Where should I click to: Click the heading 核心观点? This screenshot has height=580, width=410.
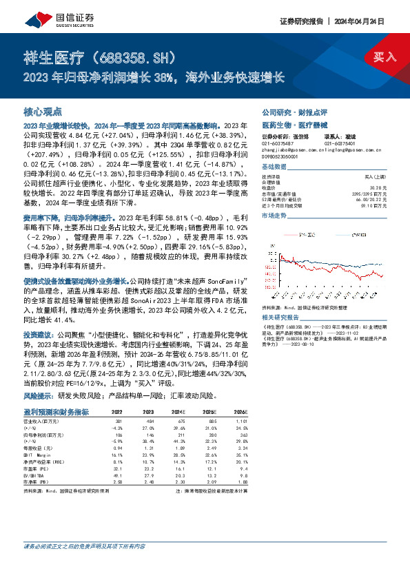coord(43,111)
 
